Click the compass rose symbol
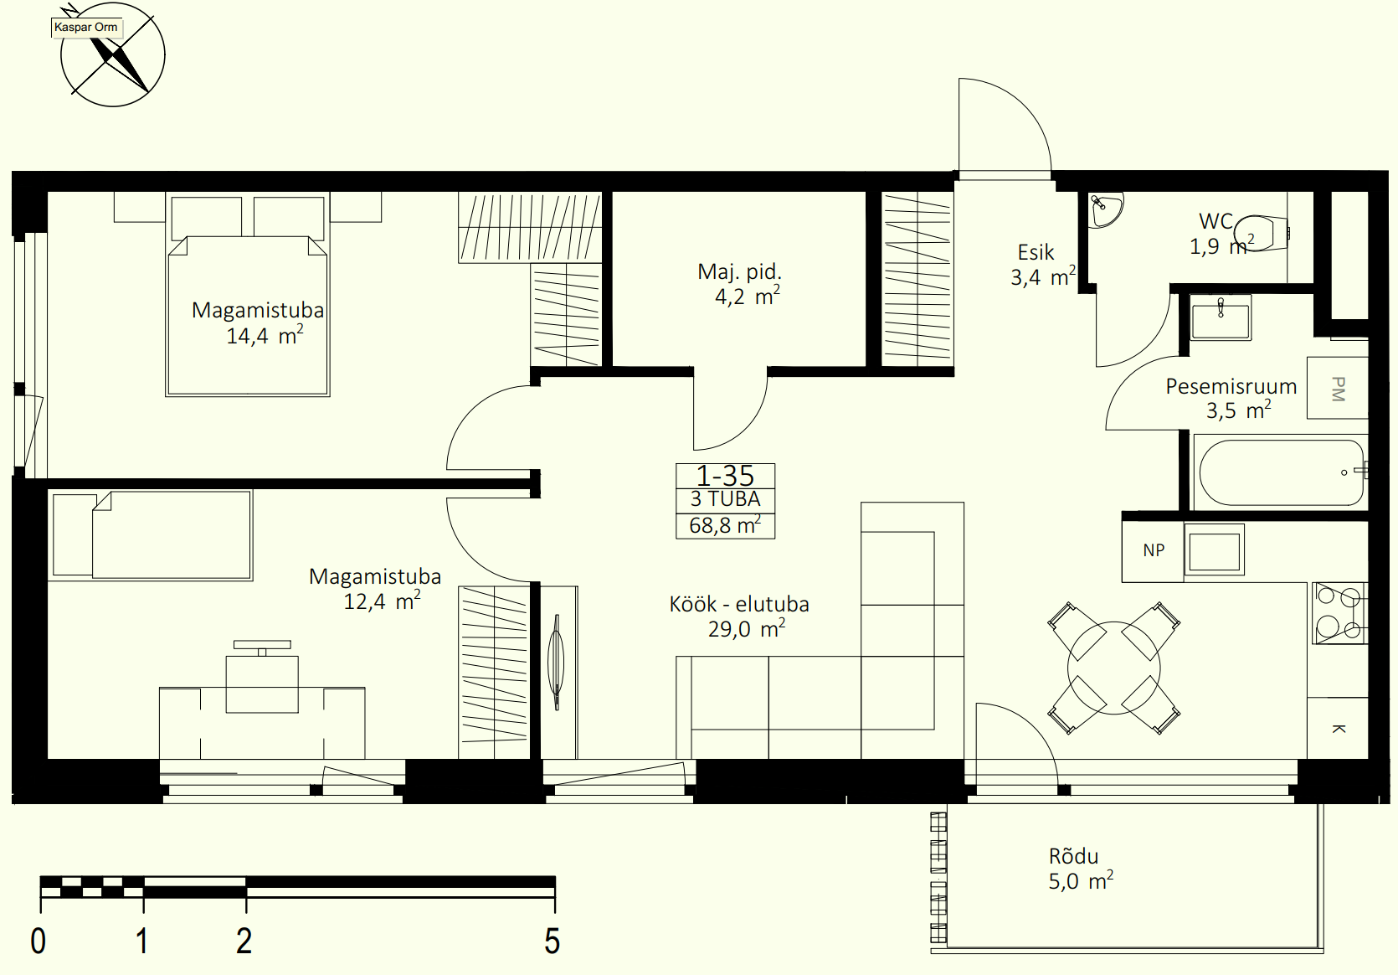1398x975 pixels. click(112, 55)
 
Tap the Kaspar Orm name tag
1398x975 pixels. click(86, 28)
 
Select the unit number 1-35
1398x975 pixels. click(725, 476)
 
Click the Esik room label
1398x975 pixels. click(1036, 252)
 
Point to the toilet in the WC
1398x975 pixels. click(1262, 233)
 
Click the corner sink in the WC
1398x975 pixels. click(1105, 209)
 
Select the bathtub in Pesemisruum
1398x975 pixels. click(1281, 472)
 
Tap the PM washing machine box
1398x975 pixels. click(1338, 388)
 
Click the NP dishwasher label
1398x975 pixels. click(1154, 550)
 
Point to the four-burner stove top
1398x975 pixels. click(1340, 613)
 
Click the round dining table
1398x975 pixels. click(1114, 668)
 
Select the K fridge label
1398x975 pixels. click(1338, 729)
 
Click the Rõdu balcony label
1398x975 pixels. click(1073, 856)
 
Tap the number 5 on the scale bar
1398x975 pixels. click(552, 941)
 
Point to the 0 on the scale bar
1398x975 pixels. click(38, 941)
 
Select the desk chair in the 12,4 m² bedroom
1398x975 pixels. click(262, 678)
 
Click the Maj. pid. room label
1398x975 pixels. click(739, 271)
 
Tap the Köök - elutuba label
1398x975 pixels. click(739, 604)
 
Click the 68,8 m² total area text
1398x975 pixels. click(725, 525)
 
